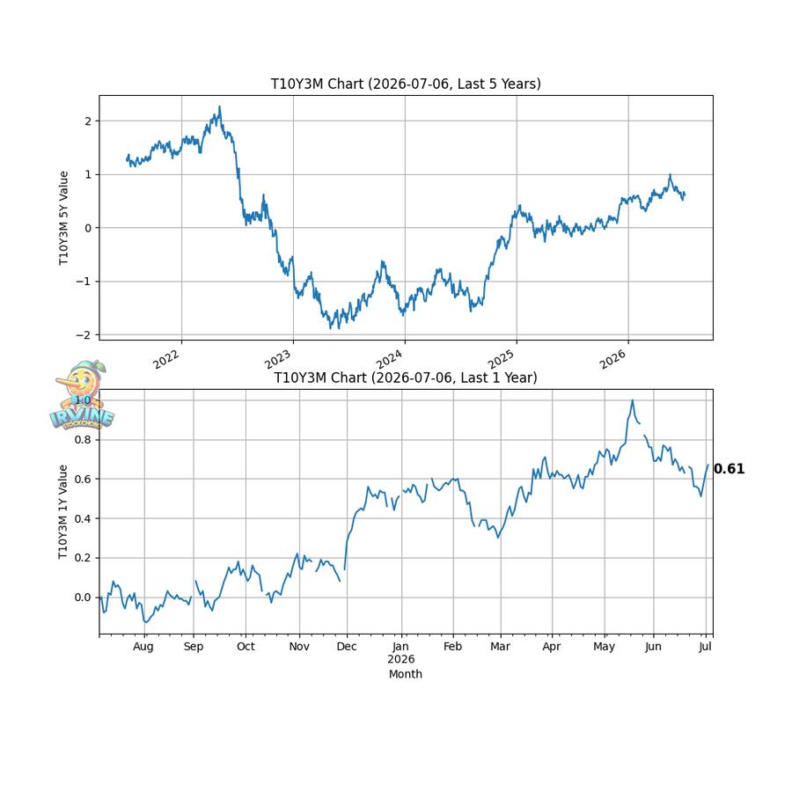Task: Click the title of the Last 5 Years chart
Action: pyautogui.click(x=406, y=84)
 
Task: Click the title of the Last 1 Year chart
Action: pyautogui.click(x=406, y=378)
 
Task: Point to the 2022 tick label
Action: pyautogui.click(x=166, y=359)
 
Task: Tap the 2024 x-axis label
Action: pyautogui.click(x=390, y=359)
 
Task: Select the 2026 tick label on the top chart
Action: pyautogui.click(x=612, y=359)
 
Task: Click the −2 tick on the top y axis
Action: pyautogui.click(x=84, y=335)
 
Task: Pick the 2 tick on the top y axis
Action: pyautogui.click(x=88, y=121)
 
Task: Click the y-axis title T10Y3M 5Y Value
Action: pyautogui.click(x=63, y=217)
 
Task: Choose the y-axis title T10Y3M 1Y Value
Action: pyautogui.click(x=62, y=511)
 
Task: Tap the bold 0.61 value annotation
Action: pyautogui.click(x=729, y=469)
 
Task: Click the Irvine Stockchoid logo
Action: pyautogui.click(x=82, y=395)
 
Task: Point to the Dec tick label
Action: pyautogui.click(x=347, y=647)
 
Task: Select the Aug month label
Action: pyautogui.click(x=143, y=647)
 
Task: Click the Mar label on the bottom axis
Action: pyautogui.click(x=500, y=647)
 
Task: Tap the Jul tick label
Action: pyautogui.click(x=705, y=647)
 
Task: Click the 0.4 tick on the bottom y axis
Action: pyautogui.click(x=84, y=518)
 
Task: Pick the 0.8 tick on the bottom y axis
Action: pyautogui.click(x=84, y=440)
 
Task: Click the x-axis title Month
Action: pyautogui.click(x=406, y=674)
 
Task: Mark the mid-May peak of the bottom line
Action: pyautogui.click(x=632, y=400)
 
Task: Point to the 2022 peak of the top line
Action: pyautogui.click(x=219, y=106)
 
